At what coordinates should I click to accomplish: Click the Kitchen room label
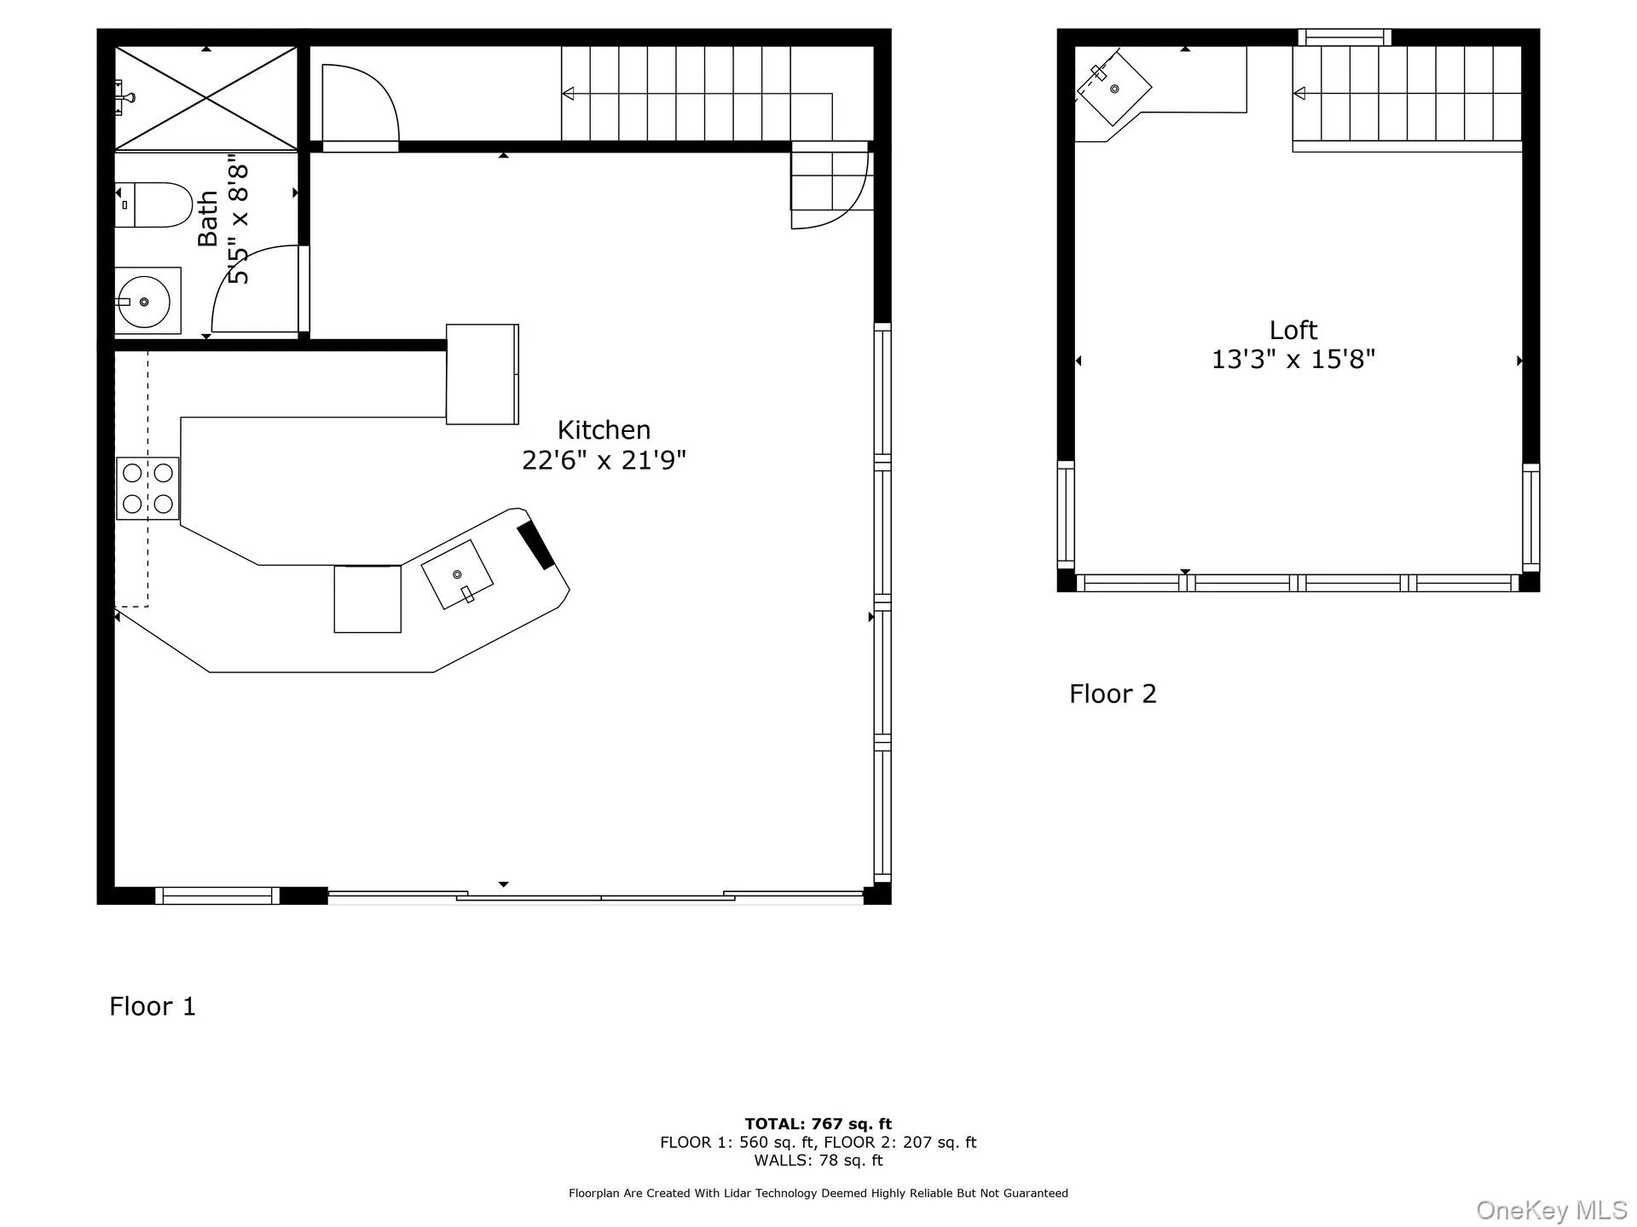(x=604, y=430)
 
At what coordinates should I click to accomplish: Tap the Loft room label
(x=1293, y=331)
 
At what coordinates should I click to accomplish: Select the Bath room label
(x=208, y=219)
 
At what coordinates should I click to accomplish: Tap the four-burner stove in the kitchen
(x=148, y=488)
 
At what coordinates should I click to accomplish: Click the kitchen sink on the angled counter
(x=458, y=575)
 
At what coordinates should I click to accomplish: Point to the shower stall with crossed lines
(x=206, y=99)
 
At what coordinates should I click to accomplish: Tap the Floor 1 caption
(x=153, y=1006)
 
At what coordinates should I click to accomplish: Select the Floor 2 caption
(x=1113, y=694)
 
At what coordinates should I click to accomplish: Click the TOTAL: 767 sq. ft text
(x=818, y=1124)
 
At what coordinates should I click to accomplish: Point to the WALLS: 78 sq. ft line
(x=818, y=1161)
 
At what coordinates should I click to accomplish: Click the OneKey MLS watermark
(x=1551, y=1210)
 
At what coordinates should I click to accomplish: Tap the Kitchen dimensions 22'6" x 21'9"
(x=604, y=461)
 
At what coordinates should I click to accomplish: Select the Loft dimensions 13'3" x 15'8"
(x=1293, y=360)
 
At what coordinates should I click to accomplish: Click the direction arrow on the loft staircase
(x=1300, y=93)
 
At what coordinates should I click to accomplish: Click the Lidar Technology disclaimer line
(x=818, y=1194)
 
